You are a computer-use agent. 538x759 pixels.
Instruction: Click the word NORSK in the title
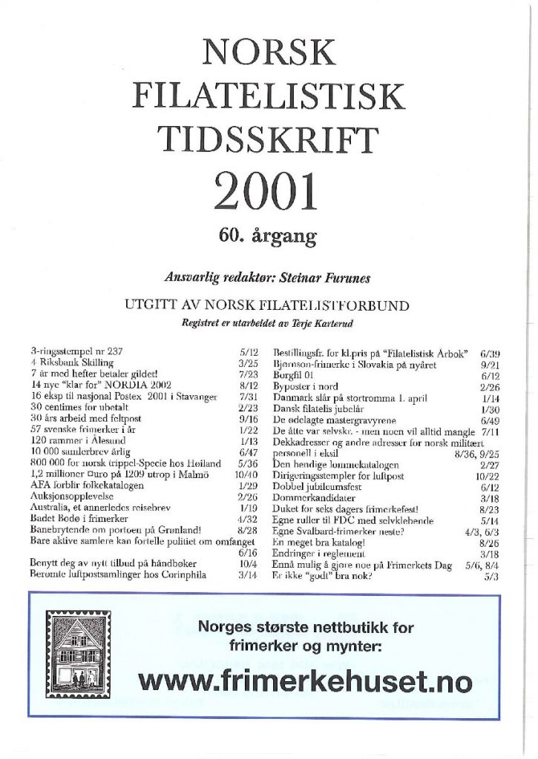(x=269, y=52)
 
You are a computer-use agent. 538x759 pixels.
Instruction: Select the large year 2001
(x=266, y=191)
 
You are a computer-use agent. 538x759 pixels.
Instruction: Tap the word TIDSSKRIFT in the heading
(x=269, y=140)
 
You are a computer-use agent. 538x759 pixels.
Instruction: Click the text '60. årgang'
(x=268, y=236)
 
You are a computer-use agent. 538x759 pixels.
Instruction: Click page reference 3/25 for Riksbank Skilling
(x=247, y=363)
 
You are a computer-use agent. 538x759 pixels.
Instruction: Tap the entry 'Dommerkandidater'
(x=315, y=499)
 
